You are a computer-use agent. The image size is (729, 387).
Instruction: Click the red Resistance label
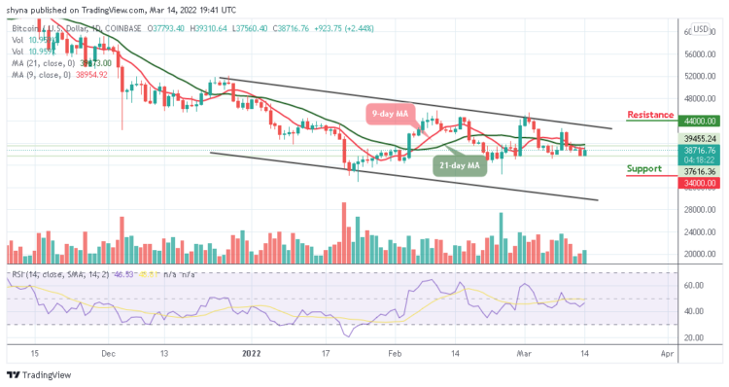tap(650, 115)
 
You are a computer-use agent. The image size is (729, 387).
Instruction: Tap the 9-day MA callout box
tap(394, 114)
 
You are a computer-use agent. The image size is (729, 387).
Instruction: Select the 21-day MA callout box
tap(459, 166)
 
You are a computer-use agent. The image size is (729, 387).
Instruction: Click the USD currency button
tap(700, 29)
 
